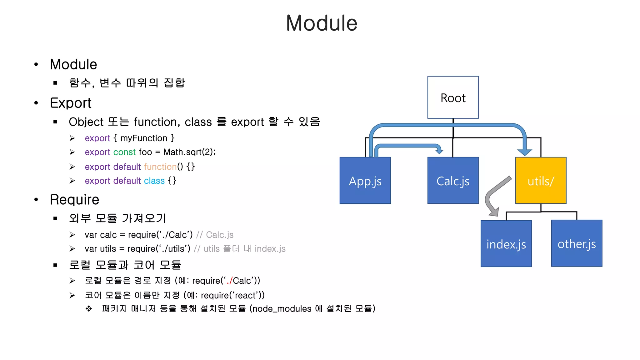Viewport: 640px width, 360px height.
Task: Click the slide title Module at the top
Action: click(322, 23)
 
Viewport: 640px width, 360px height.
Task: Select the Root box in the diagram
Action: click(453, 97)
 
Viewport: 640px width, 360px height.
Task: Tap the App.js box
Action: click(365, 181)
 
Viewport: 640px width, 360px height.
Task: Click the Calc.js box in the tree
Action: click(453, 181)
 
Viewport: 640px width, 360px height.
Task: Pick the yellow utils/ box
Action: click(541, 181)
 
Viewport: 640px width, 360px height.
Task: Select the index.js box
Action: click(506, 244)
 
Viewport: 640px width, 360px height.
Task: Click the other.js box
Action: click(577, 243)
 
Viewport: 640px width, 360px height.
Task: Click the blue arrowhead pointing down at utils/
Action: click(525, 152)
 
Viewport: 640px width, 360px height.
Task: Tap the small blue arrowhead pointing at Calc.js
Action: click(439, 151)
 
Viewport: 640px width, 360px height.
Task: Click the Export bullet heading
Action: click(71, 103)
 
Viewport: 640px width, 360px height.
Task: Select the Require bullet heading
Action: click(74, 200)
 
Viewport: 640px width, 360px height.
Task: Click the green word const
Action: click(124, 152)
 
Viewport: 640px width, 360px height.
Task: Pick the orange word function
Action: click(160, 167)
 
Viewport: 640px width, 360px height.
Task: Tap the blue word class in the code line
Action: click(154, 181)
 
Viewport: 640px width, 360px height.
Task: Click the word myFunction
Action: click(144, 138)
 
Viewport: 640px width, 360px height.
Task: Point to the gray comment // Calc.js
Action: click(215, 235)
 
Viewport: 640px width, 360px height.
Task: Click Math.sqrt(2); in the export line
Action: click(189, 152)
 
